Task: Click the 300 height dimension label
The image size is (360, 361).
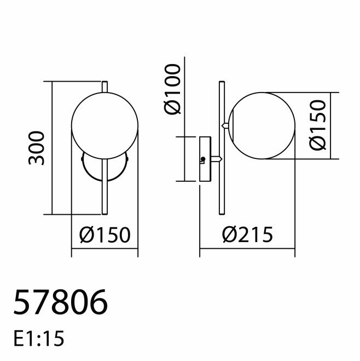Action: pos(37,148)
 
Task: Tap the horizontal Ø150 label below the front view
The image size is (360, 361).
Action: pos(104,236)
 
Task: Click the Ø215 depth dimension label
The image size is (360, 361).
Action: pos(247,236)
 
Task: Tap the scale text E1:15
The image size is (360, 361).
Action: pos(38,339)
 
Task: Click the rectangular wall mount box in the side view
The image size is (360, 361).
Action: pos(206,159)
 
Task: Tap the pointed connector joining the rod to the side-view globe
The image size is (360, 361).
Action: pos(224,125)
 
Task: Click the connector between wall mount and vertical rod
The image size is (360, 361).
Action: pos(217,159)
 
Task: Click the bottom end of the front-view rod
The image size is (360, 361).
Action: pos(104,211)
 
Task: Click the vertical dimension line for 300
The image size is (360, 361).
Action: pos(52,148)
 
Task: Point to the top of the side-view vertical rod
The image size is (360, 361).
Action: pos(220,84)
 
